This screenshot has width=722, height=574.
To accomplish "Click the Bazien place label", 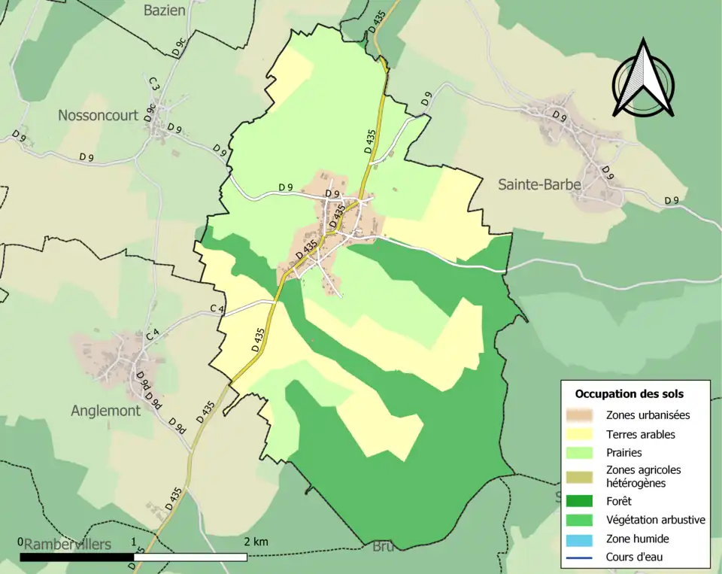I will tap(165, 10).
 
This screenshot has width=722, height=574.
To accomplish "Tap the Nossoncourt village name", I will tap(99, 115).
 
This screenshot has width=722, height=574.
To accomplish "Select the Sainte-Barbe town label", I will tap(539, 184).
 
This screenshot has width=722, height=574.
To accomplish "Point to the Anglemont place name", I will tap(105, 411).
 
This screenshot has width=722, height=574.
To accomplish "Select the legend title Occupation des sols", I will tap(629, 393).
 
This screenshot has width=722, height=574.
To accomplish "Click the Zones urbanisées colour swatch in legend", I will tap(582, 415).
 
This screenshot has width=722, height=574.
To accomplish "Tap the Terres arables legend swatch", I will tap(582, 434).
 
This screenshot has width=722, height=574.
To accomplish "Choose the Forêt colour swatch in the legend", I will tap(582, 500).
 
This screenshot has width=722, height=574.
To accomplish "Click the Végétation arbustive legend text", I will tap(655, 519).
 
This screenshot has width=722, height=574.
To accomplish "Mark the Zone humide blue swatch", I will tap(582, 539).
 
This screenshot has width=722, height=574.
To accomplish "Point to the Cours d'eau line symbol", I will tap(582, 557).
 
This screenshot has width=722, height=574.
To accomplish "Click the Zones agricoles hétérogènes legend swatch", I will tap(582, 476).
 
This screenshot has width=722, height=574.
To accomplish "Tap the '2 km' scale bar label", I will tap(256, 542).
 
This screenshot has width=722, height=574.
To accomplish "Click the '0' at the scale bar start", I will tap(21, 542).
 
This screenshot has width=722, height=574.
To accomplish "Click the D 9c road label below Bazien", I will tap(177, 47).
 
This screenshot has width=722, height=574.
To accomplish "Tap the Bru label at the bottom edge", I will tap(383, 547).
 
